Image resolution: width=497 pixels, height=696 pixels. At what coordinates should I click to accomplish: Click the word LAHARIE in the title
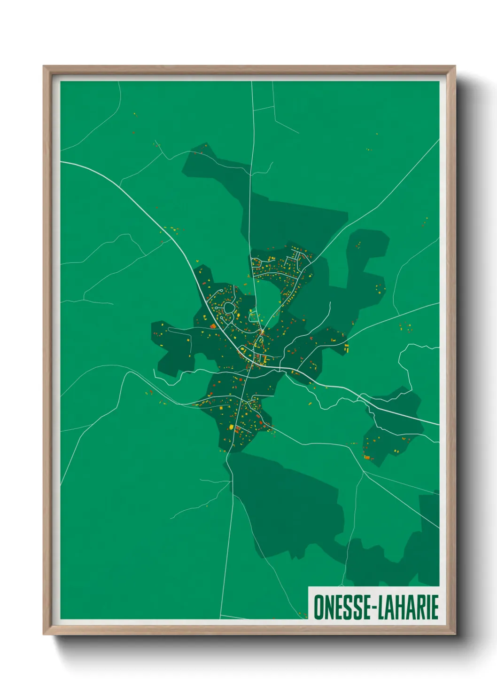coord(410,607)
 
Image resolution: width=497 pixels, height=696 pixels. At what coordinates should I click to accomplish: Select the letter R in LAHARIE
coord(422,607)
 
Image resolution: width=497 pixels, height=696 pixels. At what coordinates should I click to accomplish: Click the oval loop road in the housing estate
coord(229,309)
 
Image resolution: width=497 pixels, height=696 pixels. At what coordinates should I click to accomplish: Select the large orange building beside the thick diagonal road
coord(213,325)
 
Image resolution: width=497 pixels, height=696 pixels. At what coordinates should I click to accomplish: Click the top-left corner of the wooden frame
coord(44,66)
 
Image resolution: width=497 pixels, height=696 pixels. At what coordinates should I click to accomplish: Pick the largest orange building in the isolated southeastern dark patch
coord(367,457)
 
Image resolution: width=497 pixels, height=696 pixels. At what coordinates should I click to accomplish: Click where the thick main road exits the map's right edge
coord(438,424)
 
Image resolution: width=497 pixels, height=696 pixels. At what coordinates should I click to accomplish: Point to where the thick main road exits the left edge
coord(62,162)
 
